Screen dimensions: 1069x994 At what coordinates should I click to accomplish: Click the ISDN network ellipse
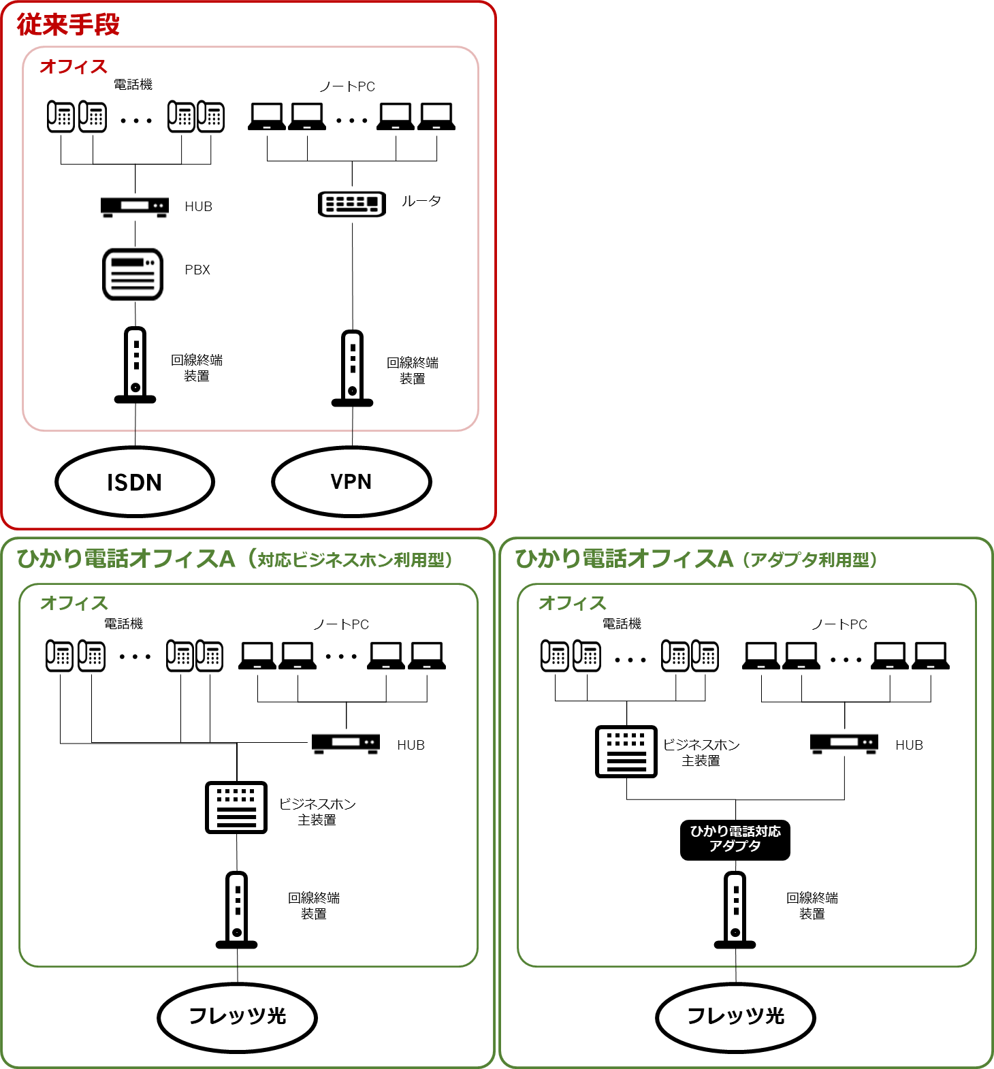135,482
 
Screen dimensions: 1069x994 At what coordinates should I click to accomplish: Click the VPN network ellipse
351,481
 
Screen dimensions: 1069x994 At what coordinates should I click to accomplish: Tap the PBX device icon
133,274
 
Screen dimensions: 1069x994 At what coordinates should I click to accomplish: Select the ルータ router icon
352,204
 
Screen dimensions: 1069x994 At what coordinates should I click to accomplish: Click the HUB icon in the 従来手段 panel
135,206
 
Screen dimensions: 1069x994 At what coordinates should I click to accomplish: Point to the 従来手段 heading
68,25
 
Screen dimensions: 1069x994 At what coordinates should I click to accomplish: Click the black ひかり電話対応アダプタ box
735,840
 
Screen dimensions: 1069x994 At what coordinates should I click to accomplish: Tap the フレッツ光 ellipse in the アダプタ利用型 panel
735,1017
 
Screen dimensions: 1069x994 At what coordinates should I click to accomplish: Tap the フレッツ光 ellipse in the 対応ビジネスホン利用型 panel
237,1017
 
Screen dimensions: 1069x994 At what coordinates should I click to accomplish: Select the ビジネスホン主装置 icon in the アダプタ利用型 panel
626,752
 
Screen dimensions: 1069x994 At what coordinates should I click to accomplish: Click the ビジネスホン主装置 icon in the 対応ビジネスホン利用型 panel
236,808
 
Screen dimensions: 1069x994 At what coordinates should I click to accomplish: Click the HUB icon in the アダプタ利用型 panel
844,744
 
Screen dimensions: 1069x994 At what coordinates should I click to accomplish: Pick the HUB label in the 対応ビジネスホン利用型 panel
411,746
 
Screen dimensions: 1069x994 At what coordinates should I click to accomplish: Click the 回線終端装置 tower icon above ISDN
135,365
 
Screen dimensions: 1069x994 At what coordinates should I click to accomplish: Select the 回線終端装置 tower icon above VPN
352,368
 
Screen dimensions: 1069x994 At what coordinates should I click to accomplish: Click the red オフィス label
74,67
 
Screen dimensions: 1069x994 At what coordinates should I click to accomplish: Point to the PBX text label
197,270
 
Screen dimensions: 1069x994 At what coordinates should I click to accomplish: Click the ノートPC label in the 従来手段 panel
347,86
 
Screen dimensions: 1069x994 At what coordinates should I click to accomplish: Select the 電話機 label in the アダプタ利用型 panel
622,624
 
